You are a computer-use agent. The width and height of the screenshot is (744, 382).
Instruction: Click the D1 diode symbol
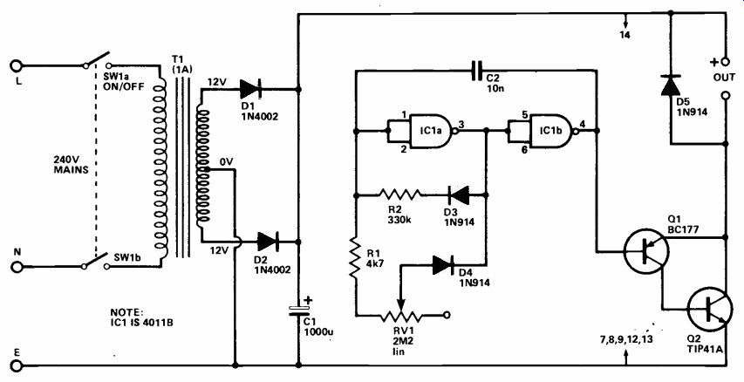250,89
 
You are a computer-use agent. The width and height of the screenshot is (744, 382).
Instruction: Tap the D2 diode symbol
268,242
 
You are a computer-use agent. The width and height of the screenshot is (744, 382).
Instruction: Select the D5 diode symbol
671,85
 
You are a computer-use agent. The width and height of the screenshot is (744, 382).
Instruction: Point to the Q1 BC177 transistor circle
646,250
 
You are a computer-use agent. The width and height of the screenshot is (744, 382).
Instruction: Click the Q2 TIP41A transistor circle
709,310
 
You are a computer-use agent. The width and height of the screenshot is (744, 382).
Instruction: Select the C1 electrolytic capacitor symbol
299,310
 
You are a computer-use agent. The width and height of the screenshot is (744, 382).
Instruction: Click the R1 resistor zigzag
355,258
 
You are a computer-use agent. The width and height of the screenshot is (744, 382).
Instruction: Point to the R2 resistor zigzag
399,194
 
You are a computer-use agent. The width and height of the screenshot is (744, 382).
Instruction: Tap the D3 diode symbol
459,194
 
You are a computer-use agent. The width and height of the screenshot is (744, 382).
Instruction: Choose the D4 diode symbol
444,265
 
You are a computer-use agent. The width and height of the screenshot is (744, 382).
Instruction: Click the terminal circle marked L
16,65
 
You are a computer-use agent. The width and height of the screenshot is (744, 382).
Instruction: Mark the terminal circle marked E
16,366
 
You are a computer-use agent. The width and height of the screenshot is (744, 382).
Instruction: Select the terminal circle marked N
16,267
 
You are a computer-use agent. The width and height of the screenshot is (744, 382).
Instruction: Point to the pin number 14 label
625,35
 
